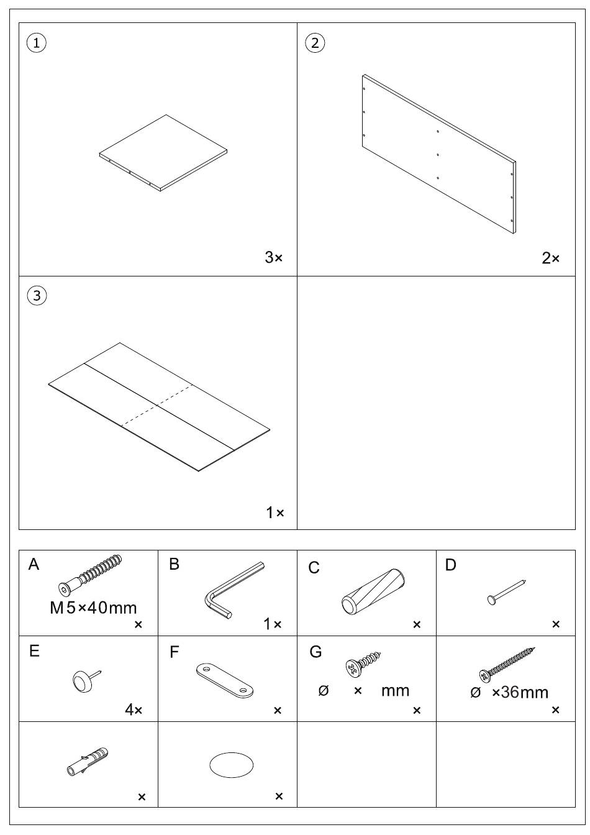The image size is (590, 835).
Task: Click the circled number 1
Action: pos(37,43)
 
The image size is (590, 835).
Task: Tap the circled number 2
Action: pos(315,43)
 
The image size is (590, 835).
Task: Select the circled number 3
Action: pos(37,296)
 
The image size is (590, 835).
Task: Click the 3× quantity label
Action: pos(273,257)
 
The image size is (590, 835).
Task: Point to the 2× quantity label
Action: pos(550,258)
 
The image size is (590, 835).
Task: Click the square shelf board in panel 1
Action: pos(163,153)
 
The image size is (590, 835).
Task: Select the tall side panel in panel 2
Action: pos(439,154)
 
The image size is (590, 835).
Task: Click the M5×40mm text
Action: pos(93,608)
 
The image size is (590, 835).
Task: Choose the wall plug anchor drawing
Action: pos(87,761)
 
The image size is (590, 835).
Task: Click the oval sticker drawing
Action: pos(232,765)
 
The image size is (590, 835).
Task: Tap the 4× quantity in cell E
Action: pos(134,710)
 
